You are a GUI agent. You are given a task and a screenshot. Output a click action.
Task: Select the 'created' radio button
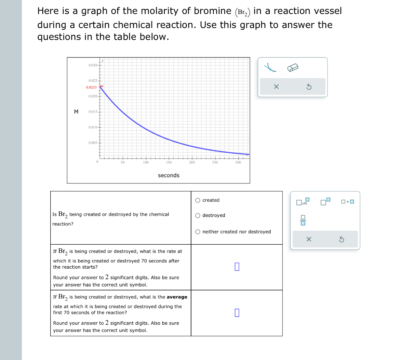198,201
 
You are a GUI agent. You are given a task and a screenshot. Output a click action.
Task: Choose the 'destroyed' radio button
198,216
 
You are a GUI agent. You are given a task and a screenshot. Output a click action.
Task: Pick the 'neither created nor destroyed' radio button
198,232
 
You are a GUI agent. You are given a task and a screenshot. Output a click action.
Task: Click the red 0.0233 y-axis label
91,88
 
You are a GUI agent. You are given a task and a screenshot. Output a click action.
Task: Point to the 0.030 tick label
92,65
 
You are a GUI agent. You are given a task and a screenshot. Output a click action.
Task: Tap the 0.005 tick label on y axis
92,143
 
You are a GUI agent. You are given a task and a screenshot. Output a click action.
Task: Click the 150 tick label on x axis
169,163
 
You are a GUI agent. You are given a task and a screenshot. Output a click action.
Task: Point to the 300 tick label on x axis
238,163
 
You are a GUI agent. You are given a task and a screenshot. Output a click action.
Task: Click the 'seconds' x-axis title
169,176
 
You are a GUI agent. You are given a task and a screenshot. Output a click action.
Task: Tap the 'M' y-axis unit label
76,112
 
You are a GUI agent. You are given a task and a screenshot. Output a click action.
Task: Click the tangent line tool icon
270,68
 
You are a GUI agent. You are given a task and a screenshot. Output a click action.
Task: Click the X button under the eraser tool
276,87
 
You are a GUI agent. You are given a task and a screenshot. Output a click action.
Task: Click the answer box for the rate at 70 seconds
237,267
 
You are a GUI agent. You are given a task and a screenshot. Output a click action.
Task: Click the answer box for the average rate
237,313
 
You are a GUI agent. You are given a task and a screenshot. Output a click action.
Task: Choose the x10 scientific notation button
303,202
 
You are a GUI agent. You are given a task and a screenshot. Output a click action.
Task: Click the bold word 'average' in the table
177,297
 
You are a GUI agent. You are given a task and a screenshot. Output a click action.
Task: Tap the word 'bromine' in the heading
212,11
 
